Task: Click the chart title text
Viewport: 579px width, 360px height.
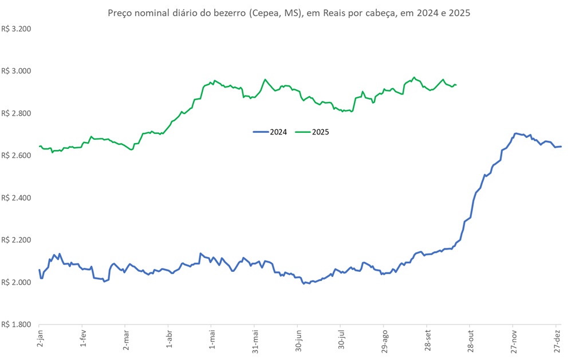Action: tap(289, 13)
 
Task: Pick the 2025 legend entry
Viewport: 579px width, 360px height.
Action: tap(313, 132)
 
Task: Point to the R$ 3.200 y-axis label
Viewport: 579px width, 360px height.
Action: tap(16, 29)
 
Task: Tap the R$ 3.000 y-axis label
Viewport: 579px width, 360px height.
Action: tap(16, 71)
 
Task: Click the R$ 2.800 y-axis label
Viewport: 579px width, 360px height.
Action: tap(16, 113)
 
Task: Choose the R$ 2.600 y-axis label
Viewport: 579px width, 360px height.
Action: tap(16, 156)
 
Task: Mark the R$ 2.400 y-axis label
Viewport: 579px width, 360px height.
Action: tap(16, 198)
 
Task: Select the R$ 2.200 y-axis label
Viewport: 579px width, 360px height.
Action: tap(16, 240)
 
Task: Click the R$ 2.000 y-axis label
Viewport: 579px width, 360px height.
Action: tap(16, 283)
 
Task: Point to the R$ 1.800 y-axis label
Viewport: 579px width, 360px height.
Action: tap(16, 325)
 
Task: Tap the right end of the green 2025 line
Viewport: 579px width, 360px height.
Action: tap(456, 85)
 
